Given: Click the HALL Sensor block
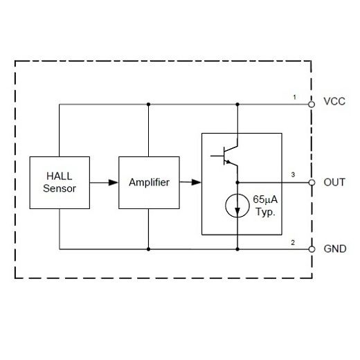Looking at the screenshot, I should click(60, 182).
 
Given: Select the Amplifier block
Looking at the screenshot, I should click(148, 182).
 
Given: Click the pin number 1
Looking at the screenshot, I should click(294, 97).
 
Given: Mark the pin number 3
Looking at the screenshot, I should click(294, 175).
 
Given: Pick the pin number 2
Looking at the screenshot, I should click(294, 242).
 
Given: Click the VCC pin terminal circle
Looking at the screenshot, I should click(312, 105).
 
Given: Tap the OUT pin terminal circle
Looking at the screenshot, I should click(312, 183).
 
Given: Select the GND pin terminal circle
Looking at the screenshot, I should click(312, 249).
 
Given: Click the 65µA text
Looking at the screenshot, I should click(265, 199).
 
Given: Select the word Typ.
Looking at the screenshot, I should click(265, 213).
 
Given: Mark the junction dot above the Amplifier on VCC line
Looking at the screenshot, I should click(148, 105).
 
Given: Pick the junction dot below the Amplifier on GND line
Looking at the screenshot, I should click(148, 249).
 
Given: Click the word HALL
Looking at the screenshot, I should click(60, 176).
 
